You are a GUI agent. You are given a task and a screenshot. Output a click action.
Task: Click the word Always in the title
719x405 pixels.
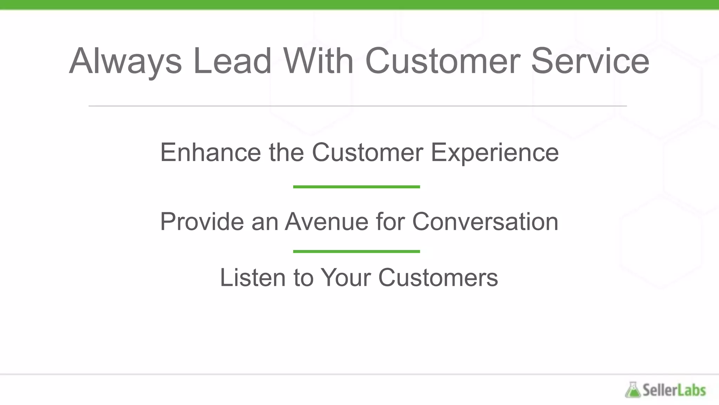pyautogui.click(x=125, y=62)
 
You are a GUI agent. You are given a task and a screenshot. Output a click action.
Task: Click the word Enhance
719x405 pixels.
pyautogui.click(x=210, y=153)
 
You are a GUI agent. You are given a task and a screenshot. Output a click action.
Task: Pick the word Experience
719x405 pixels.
pyautogui.click(x=495, y=153)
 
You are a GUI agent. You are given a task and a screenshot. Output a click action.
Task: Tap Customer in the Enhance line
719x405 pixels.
pyautogui.click(x=368, y=153)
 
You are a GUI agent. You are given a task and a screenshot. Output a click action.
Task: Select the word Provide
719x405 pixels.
pyautogui.click(x=202, y=222)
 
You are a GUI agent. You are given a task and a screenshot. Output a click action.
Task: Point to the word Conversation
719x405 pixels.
pyautogui.click(x=485, y=222)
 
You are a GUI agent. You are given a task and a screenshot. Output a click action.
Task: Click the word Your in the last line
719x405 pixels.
pyautogui.click(x=346, y=278)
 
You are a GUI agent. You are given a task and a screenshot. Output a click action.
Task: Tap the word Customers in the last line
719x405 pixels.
pyautogui.click(x=438, y=278)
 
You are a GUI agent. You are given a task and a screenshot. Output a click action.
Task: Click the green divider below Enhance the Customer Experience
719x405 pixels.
pyautogui.click(x=356, y=187)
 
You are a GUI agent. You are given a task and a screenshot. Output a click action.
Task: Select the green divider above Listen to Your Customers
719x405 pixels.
pyautogui.click(x=356, y=251)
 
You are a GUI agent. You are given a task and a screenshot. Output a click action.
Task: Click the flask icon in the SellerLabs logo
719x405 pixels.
pyautogui.click(x=633, y=390)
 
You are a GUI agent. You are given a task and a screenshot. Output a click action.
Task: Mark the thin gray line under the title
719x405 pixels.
pyautogui.click(x=357, y=105)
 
